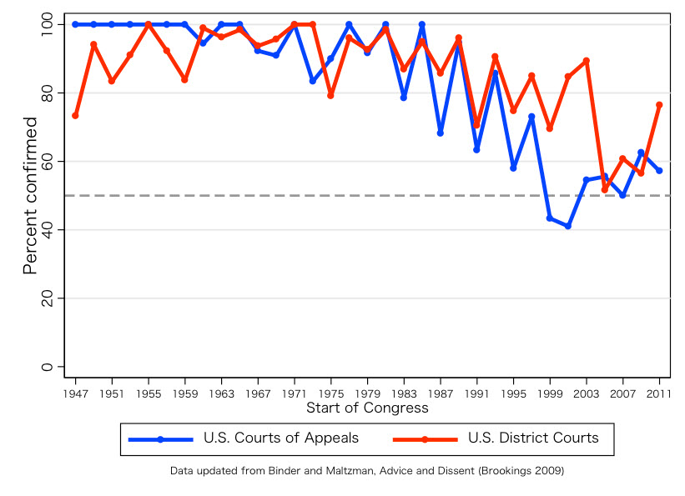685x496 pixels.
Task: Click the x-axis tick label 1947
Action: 75,393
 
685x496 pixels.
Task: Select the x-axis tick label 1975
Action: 331,393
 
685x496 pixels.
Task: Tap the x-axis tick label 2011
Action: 660,393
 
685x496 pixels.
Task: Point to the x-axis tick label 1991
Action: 477,393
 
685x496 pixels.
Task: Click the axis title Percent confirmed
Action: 30,196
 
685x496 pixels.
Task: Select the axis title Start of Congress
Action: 367,408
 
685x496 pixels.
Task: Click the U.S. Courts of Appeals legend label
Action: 281,438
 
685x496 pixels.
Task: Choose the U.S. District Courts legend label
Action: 533,438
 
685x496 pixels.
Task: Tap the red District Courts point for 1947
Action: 75,116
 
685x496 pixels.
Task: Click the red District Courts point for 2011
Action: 660,105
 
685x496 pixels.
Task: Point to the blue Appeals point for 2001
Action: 568,226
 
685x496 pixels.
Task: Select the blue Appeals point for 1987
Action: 441,133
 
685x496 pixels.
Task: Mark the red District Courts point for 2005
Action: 605,190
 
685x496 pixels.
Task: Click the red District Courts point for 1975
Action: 331,96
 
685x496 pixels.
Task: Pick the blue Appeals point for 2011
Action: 660,171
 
